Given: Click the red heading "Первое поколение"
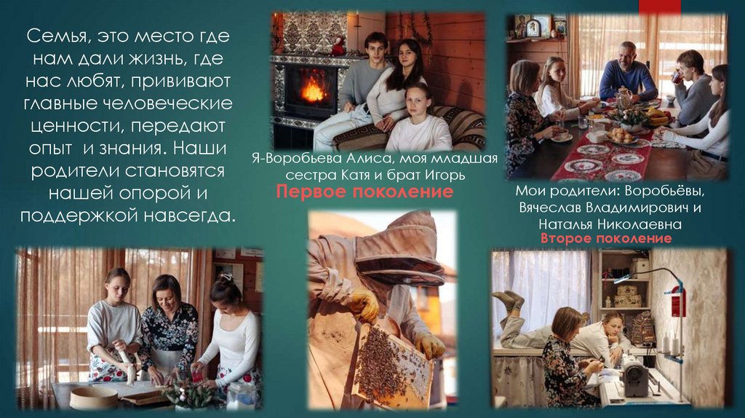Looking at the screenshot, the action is [364, 192].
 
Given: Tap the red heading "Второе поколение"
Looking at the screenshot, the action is [606, 238].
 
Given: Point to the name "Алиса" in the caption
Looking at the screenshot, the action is [367, 158].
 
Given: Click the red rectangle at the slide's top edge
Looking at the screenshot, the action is [659, 6].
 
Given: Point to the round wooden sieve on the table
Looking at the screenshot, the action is [94, 398].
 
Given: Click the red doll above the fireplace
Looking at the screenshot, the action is [338, 46].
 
